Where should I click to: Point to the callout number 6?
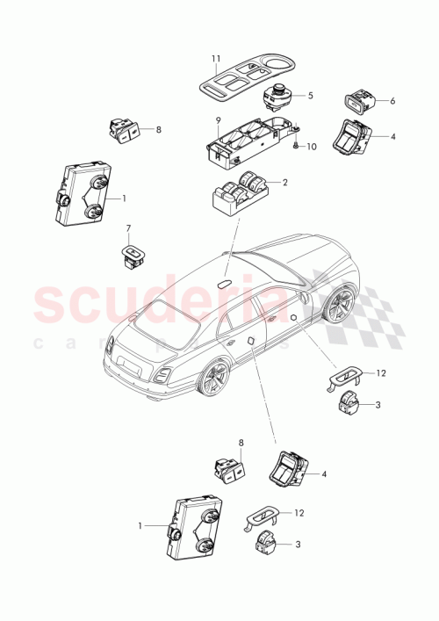tap(392, 101)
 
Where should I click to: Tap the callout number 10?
tap(312, 147)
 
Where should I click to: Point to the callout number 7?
tap(128, 230)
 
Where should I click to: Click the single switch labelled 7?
tap(134, 254)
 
